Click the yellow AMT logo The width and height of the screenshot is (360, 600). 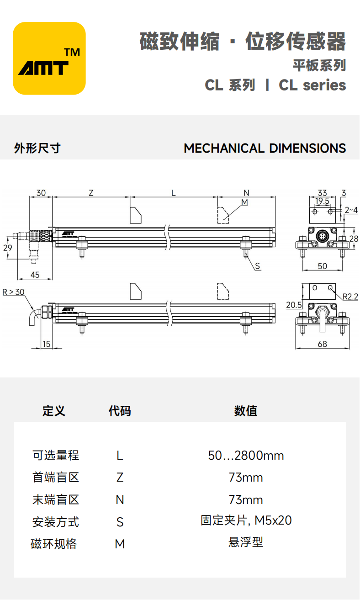point(49,58)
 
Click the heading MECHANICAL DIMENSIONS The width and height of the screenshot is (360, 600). point(265,149)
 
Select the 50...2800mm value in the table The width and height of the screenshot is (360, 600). point(246,456)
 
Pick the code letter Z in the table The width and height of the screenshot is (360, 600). point(120,478)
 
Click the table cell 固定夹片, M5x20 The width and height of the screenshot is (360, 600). point(246,520)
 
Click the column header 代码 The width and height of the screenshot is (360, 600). point(120,411)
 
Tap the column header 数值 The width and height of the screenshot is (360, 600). point(246,411)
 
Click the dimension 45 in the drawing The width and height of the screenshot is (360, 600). point(35,275)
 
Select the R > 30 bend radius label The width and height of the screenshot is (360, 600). point(14,292)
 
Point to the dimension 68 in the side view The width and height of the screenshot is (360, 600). point(322,344)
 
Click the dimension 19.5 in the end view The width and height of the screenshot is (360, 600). point(322,201)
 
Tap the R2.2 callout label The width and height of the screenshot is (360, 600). point(350,297)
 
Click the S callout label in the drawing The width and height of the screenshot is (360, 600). point(257,266)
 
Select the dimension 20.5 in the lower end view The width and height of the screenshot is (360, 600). point(293,305)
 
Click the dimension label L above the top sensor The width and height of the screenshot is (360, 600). point(173,193)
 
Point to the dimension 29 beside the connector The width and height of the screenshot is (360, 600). point(7,248)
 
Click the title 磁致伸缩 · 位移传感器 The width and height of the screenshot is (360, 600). point(243,42)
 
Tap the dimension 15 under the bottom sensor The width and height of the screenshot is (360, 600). point(47,344)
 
